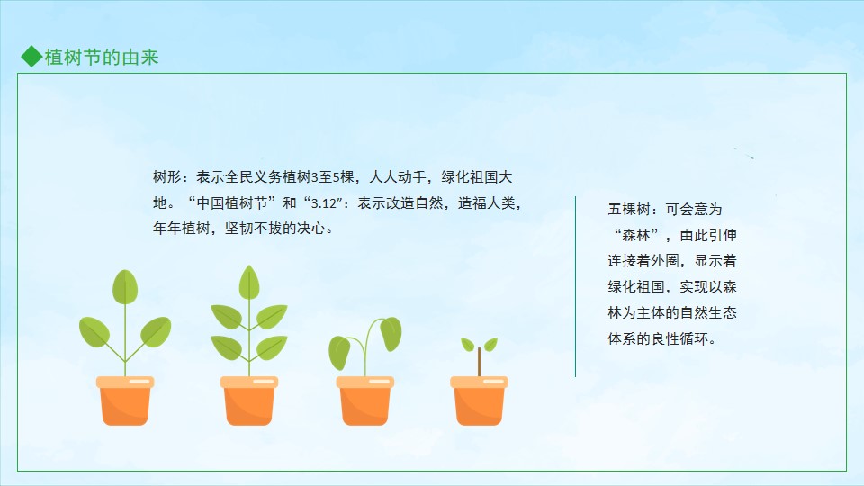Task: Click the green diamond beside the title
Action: (32, 56)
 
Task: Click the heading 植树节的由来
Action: (102, 58)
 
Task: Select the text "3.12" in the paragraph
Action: (324, 203)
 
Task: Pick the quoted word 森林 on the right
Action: (636, 235)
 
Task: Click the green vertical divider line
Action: (575, 286)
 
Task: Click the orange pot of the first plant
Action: (125, 400)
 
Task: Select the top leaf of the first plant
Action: (125, 286)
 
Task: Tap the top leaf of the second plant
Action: (249, 282)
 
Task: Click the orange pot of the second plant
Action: (249, 400)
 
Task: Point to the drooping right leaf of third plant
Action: (391, 333)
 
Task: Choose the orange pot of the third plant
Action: (364, 400)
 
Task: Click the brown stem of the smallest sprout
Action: (479, 362)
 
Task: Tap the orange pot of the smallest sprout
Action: (479, 400)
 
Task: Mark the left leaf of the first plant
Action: (94, 332)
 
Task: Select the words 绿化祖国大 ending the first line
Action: (477, 177)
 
